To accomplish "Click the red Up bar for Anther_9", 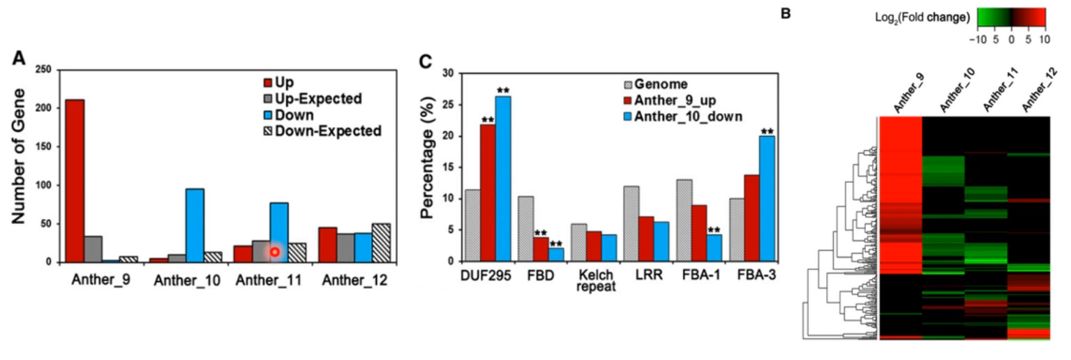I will (75, 181).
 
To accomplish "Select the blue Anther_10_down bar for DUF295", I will (503, 179).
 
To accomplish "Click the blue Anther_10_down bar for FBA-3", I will (767, 198).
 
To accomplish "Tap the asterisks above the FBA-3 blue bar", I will (767, 131).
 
